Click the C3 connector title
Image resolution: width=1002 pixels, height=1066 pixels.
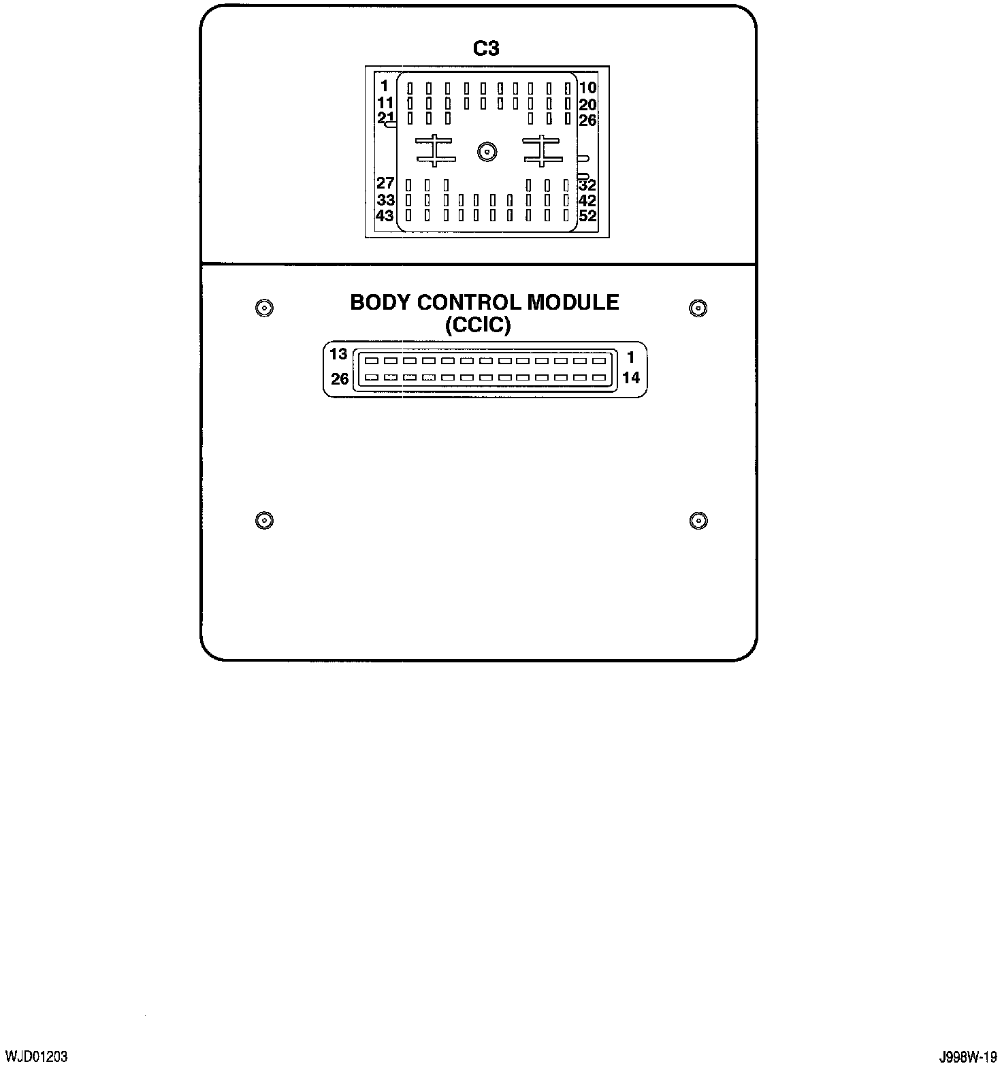pyautogui.click(x=486, y=49)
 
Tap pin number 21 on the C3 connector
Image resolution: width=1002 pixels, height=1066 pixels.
pyautogui.click(x=385, y=118)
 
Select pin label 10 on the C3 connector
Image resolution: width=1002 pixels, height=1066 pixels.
pyautogui.click(x=587, y=87)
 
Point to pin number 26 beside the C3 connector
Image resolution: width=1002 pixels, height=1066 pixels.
pyautogui.click(x=587, y=120)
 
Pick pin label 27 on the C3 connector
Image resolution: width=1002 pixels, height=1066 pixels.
pyautogui.click(x=385, y=183)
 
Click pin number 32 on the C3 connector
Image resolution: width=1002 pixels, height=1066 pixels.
pyautogui.click(x=587, y=185)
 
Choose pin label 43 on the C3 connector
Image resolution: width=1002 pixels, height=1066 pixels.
pyautogui.click(x=385, y=215)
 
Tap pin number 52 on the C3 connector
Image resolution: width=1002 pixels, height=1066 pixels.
pyautogui.click(x=587, y=216)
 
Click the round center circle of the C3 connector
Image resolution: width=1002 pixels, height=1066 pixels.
pyautogui.click(x=487, y=152)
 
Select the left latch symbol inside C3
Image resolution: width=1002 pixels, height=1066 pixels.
pyautogui.click(x=435, y=150)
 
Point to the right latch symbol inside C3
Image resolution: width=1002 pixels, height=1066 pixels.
pyautogui.click(x=542, y=150)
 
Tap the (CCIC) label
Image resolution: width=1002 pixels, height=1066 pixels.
pyautogui.click(x=477, y=325)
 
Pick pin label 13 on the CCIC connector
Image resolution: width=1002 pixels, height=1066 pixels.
pyautogui.click(x=338, y=354)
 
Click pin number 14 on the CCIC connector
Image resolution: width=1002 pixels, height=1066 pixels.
pyautogui.click(x=631, y=378)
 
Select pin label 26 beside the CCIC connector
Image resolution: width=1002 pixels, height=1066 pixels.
pyautogui.click(x=340, y=379)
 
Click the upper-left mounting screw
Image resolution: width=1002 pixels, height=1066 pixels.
pyautogui.click(x=264, y=308)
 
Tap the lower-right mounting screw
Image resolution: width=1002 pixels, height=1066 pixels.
pyautogui.click(x=698, y=521)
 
